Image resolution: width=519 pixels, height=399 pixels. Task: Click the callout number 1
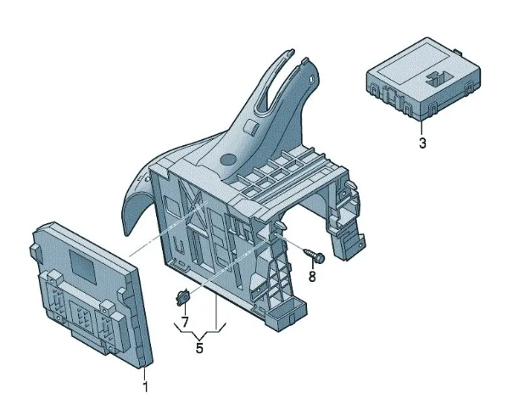145,387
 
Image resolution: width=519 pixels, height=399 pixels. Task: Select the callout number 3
422,143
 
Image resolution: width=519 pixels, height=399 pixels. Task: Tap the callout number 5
199,348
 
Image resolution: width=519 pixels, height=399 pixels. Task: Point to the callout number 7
185,322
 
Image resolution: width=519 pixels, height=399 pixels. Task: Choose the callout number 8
312,276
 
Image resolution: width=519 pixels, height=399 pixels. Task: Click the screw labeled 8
314,256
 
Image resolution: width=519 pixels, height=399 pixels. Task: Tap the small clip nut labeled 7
182,296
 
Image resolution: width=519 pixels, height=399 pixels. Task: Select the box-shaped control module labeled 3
423,79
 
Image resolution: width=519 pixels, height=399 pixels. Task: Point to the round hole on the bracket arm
228,160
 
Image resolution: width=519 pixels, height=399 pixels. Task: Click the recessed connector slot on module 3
439,80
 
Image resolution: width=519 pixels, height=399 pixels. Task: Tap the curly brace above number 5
200,330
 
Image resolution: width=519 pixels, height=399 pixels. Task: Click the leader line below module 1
144,374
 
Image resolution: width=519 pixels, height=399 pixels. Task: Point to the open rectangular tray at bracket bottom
286,312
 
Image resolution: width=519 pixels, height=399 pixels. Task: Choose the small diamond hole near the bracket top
312,79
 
